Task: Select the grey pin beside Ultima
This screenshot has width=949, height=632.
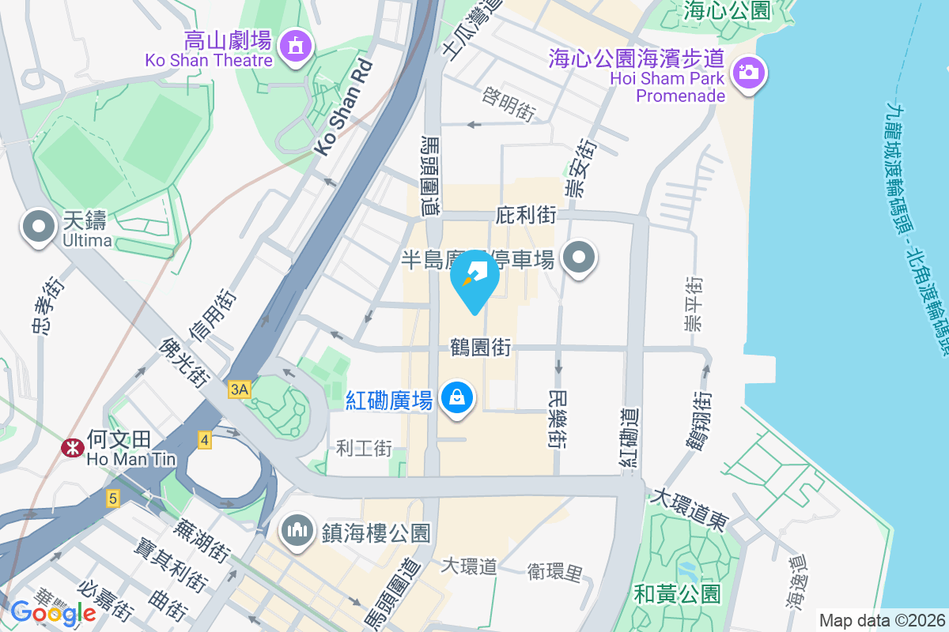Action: pos(38,228)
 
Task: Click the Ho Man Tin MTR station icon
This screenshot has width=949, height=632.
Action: pos(73,448)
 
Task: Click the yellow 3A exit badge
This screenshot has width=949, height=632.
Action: pos(239,389)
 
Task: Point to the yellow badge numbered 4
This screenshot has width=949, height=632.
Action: pos(205,440)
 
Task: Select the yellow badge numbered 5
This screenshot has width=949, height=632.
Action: pos(113,498)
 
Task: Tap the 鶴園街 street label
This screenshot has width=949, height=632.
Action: pos(480,347)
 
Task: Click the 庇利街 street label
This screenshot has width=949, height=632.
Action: pos(526,215)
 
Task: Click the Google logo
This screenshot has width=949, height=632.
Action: pos(53,612)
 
